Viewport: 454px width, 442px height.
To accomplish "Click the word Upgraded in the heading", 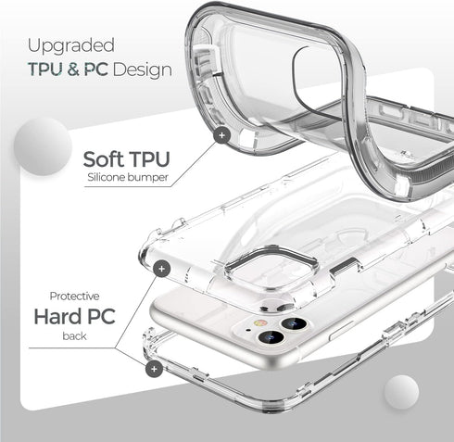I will (70, 44).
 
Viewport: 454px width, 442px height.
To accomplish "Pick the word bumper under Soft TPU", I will (150, 176).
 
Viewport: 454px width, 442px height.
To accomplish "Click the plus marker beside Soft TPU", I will (221, 135).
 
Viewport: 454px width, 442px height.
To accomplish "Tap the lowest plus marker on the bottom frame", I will (155, 369).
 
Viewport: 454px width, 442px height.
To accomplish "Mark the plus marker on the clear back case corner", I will (164, 268).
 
